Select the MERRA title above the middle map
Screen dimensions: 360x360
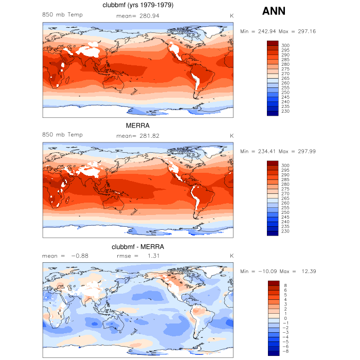(x=138, y=125)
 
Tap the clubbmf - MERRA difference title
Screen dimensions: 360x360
(x=138, y=247)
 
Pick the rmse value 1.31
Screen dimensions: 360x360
(x=152, y=256)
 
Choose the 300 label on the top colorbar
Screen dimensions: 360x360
(x=285, y=46)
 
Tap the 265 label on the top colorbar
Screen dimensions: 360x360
(x=285, y=78)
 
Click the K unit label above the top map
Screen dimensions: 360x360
(x=231, y=15)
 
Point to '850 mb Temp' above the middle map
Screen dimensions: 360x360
(x=62, y=135)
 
